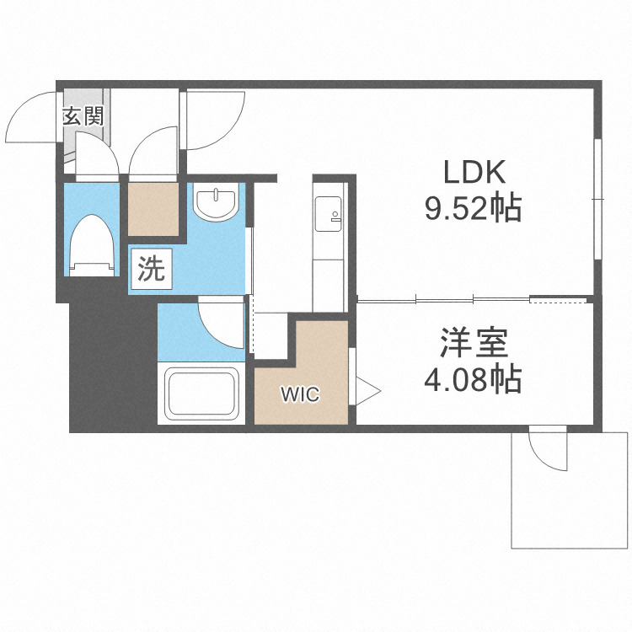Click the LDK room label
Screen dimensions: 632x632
474,173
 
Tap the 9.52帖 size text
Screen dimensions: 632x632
473,207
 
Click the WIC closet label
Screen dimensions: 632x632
300,394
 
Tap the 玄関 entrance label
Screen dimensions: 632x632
82,116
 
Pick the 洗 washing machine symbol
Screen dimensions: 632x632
151,269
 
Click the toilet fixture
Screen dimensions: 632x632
91,245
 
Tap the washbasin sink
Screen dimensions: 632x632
217,203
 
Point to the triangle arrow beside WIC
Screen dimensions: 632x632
367,390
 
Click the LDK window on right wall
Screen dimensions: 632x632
597,199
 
